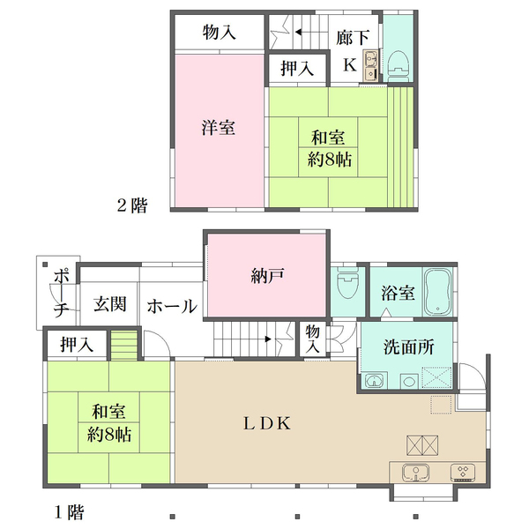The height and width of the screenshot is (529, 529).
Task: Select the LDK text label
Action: click(267, 423)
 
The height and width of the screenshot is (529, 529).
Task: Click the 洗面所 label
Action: click(409, 347)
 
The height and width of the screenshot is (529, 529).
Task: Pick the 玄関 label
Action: click(110, 305)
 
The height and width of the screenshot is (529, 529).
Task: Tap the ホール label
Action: click(171, 307)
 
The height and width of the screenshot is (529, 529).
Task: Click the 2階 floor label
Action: click(132, 206)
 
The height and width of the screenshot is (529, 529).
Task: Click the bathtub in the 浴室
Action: click(438, 291)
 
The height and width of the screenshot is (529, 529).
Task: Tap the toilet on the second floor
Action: click(398, 63)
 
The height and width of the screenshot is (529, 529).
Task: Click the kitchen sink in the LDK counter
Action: click(414, 472)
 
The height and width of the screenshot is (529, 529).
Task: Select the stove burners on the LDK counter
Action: click(464, 472)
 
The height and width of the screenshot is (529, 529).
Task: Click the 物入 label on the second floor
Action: click(219, 34)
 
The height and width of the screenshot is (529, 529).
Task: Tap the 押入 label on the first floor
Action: click(76, 344)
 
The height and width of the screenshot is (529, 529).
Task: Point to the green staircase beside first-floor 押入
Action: click(126, 342)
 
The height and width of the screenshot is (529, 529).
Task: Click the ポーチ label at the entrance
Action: click(61, 293)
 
